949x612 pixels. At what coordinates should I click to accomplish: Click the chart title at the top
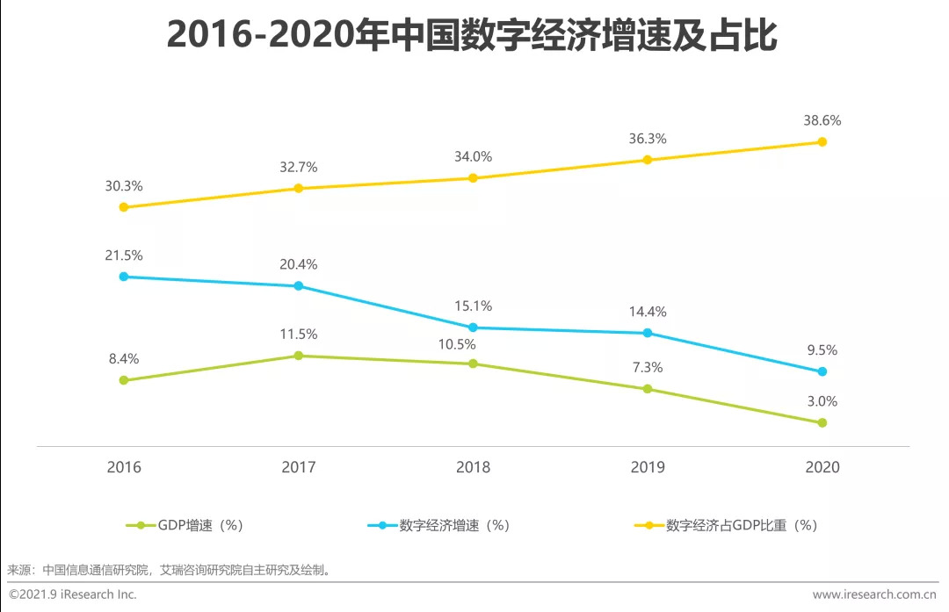(472, 38)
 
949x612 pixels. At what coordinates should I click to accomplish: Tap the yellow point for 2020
(822, 141)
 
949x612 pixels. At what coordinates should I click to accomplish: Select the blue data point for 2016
(124, 277)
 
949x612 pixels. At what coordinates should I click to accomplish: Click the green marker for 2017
(299, 356)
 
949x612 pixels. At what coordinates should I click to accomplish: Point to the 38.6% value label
(822, 120)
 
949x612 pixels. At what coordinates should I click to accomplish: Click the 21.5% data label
(124, 256)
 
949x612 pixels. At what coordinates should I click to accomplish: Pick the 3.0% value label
(822, 401)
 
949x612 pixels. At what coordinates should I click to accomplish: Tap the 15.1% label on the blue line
(473, 306)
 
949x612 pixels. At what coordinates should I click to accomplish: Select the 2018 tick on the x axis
(473, 467)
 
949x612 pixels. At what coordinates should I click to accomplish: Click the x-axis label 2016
(124, 467)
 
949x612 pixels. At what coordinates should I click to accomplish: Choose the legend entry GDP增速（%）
(185, 525)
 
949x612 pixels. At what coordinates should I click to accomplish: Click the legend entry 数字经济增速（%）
(438, 525)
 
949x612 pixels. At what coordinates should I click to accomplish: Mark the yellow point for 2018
(473, 178)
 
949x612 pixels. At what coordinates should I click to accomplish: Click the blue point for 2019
(648, 333)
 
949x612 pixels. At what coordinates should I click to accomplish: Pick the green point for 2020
(822, 422)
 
